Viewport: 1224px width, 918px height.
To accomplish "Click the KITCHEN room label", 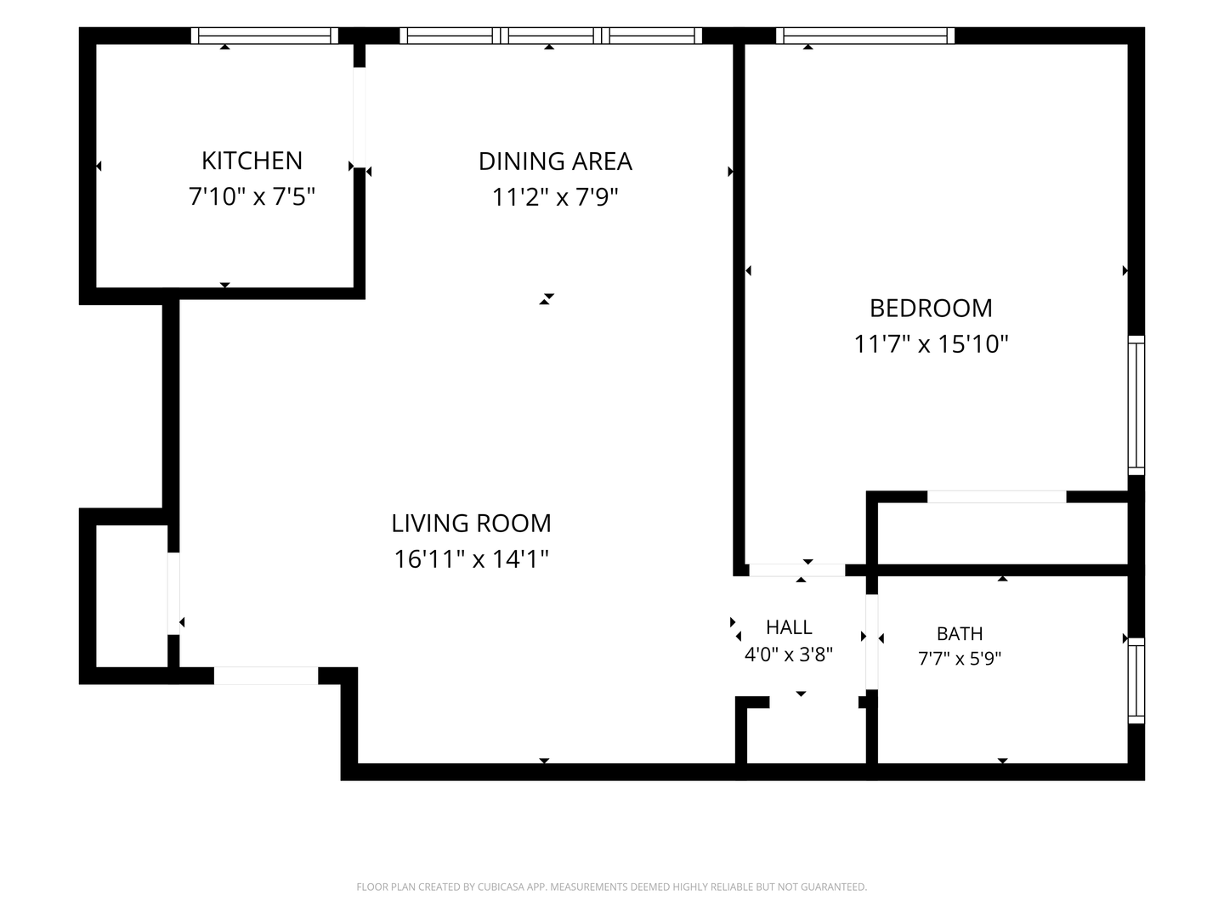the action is point(252,161).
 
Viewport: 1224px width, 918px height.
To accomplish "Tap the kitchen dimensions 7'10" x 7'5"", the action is point(252,196).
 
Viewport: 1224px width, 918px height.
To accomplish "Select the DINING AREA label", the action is point(555,161).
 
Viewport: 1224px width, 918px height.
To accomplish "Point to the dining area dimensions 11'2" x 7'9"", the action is point(555,197).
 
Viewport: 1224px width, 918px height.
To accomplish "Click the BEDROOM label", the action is point(932,309).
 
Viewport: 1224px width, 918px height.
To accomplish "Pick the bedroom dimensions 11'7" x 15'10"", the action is point(932,344).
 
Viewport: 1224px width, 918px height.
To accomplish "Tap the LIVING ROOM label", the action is point(471,524).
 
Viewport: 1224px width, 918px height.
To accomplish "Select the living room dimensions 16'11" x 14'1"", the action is point(471,559).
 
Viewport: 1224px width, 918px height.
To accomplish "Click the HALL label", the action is point(789,627).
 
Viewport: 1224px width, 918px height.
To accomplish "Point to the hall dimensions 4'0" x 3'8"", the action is point(789,654).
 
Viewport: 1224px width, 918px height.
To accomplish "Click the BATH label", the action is point(960,634).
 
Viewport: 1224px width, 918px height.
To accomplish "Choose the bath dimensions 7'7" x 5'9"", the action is point(960,659).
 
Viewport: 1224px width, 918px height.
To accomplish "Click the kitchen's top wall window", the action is point(264,36).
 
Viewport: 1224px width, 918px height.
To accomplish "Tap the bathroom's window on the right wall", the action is point(1136,681).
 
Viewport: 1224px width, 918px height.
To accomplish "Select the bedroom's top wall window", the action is point(865,36).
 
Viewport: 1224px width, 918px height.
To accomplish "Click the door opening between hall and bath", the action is point(871,642).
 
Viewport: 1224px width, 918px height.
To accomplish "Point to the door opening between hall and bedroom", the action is point(796,570).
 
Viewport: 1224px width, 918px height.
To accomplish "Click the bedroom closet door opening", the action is point(996,496).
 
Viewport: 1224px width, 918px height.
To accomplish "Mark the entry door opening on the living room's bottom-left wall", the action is point(266,676).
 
